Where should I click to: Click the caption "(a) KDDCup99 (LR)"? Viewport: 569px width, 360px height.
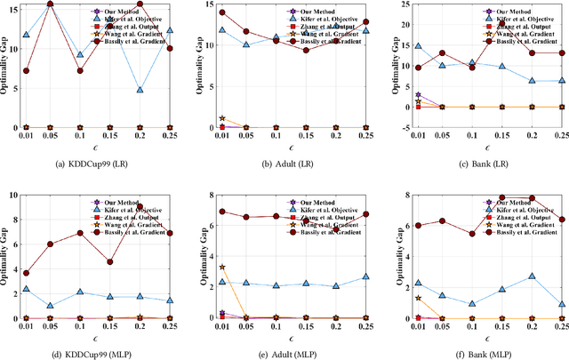92,162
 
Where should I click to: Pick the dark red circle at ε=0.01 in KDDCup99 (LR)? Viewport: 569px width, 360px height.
27,71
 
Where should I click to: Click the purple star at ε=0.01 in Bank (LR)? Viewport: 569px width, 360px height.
418,95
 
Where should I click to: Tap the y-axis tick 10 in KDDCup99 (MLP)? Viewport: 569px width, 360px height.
12,195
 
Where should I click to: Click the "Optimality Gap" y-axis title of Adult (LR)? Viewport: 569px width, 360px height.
202,66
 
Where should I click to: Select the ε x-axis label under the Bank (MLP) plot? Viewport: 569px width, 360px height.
476,338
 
